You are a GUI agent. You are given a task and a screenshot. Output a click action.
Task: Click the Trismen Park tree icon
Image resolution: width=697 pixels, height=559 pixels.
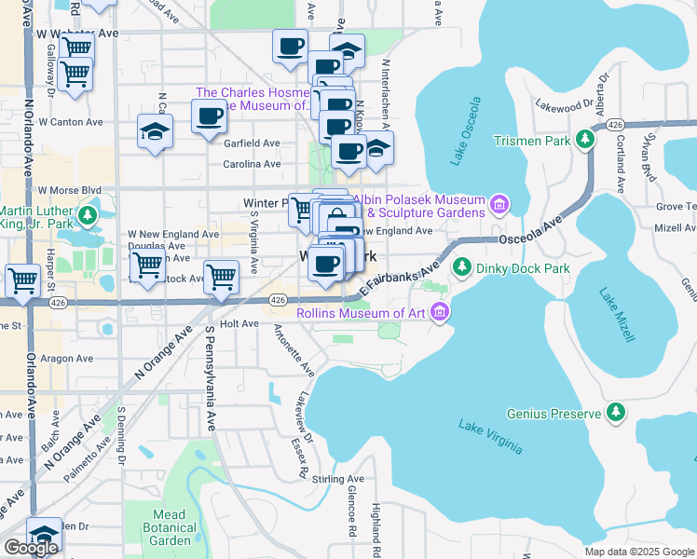coord(585,140)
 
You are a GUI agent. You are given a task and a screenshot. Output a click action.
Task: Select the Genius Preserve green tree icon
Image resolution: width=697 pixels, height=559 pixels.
coord(615,412)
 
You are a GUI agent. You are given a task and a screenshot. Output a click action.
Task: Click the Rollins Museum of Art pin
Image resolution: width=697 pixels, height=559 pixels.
coord(440,313)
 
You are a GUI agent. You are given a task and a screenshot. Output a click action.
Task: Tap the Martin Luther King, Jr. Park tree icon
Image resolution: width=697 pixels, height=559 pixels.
coord(88,216)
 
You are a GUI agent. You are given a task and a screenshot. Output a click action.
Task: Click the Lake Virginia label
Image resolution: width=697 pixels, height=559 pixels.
coord(490,437)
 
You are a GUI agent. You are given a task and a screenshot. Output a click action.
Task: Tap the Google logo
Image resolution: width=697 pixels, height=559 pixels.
coord(31,548)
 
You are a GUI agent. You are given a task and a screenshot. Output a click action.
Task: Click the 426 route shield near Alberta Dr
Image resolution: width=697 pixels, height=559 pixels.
coord(613,125)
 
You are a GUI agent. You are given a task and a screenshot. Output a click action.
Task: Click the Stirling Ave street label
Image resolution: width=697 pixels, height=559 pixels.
coord(338,479)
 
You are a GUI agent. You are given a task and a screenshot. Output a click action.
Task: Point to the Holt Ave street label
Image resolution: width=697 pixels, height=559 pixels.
coord(239,323)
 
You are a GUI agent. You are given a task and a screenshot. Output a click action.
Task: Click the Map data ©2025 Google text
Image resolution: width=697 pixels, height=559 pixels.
coord(637,552)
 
